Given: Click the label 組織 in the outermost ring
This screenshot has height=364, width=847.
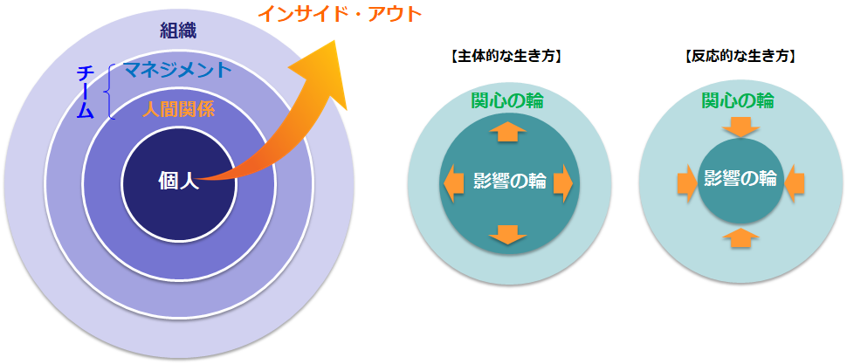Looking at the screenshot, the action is point(178,31).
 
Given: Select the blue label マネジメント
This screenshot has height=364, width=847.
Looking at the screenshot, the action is point(178,70).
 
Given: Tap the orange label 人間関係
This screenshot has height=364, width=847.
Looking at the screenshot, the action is point(179,110).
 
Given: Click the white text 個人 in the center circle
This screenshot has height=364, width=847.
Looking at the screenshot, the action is point(179,181).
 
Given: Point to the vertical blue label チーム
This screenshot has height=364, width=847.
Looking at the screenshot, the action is point(86,92).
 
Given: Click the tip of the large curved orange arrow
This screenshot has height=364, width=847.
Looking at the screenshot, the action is point(336,40).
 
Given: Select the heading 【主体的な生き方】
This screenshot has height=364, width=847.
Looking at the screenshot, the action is point(505,57).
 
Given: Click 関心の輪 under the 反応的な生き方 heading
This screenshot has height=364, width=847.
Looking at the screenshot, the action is point(738,100).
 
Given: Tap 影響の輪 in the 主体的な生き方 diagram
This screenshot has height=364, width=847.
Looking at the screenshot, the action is point(509,182).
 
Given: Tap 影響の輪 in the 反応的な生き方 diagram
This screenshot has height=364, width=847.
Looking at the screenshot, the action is point(740,178).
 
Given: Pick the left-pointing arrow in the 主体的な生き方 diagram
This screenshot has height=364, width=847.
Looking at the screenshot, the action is point(453,183).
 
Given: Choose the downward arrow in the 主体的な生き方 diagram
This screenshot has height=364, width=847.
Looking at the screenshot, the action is point(507,234).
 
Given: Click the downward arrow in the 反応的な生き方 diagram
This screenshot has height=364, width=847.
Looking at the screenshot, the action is point(741,127).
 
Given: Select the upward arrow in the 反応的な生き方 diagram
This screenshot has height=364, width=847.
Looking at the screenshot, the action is point(741,237).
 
